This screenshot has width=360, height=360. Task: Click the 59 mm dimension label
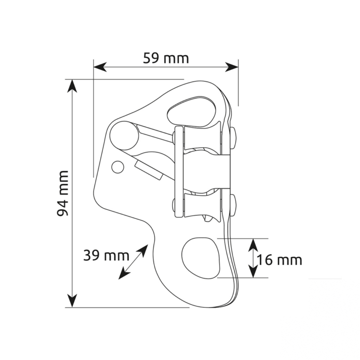[166, 58]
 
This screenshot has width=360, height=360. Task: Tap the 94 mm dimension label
[62, 193]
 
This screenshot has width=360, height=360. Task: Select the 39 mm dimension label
[106, 255]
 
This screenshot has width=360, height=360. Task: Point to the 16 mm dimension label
[279, 260]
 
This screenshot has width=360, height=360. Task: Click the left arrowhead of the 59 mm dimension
[100, 67]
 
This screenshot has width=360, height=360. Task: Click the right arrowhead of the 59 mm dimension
[231, 67]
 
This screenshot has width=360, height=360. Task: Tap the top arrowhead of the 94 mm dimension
[72, 86]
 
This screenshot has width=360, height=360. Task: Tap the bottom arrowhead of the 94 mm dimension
[72, 300]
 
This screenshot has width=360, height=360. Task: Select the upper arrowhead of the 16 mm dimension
[253, 245]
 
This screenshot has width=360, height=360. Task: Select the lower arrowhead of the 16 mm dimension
[253, 271]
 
